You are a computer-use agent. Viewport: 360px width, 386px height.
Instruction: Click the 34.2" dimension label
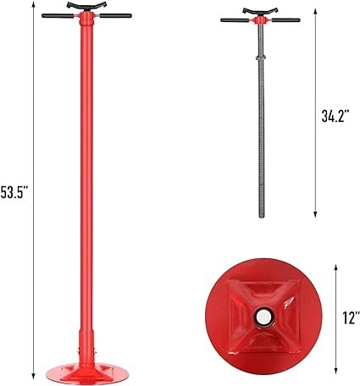point(335,115)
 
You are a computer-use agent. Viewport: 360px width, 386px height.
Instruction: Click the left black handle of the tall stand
point(58,16)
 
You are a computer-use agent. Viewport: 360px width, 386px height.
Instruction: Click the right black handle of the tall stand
point(116,15)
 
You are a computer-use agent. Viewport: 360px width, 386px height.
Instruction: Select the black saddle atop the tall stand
point(87,6)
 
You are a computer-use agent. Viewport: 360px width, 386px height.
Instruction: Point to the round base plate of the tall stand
point(87,372)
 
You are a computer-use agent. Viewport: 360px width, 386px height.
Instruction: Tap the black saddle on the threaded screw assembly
point(260,12)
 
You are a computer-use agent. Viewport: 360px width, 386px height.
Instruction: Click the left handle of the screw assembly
point(235,20)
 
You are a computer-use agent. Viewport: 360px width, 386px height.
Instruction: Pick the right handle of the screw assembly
point(285,20)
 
